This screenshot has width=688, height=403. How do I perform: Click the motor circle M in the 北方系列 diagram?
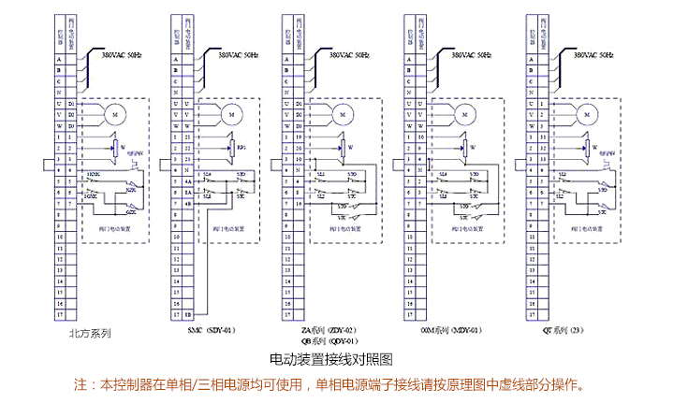point(116,113)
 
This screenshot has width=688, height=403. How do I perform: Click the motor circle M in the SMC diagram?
point(229,113)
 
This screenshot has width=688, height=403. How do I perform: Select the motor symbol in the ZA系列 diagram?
point(343,113)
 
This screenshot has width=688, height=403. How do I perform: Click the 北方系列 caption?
point(90,332)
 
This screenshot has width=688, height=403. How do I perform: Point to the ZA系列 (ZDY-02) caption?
point(329,331)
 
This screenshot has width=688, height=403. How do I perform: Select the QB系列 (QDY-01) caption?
point(329,341)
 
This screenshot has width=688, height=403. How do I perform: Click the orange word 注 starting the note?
point(80,384)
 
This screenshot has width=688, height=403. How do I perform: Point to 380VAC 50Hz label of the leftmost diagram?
point(120,55)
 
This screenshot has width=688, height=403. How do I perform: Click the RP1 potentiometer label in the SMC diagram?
point(242,147)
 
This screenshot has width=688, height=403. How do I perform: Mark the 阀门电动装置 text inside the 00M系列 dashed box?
point(466,227)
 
